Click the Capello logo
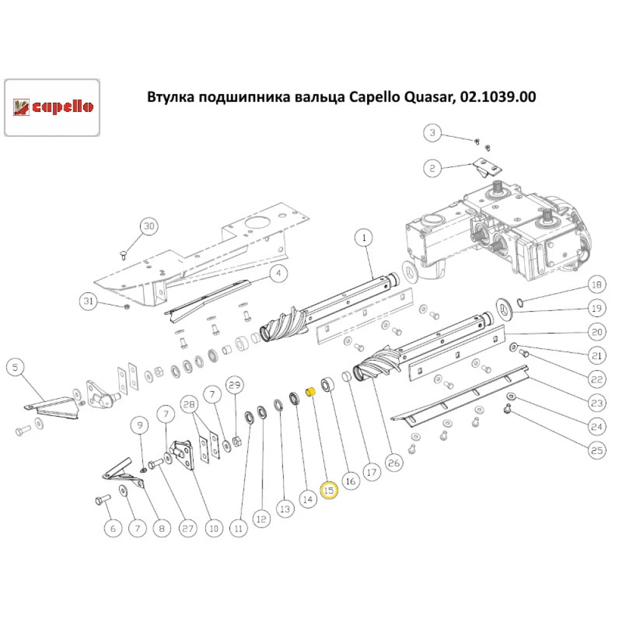(x=53, y=107)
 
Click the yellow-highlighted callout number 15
(x=328, y=490)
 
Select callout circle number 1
(x=363, y=237)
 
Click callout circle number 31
(x=89, y=302)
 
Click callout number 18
(x=596, y=285)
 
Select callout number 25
(x=596, y=450)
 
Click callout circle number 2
(x=433, y=167)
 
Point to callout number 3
(x=433, y=132)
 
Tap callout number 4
(x=278, y=272)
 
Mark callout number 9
(x=139, y=426)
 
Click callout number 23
(x=596, y=403)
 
